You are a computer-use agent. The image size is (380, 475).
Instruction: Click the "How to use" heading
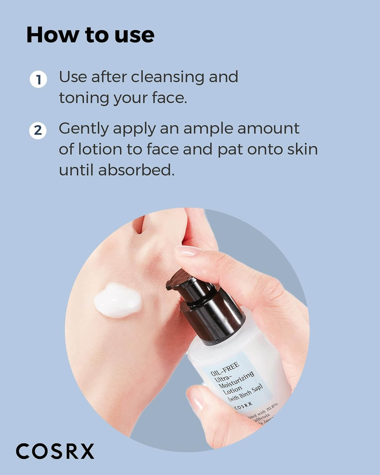(x=91, y=35)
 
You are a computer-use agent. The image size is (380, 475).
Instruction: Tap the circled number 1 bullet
(x=38, y=79)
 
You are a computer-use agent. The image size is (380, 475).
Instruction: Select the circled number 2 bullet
(x=38, y=130)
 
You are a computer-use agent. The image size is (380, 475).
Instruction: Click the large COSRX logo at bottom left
(x=55, y=451)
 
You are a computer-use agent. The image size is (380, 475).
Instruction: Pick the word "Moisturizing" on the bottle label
(x=236, y=380)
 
